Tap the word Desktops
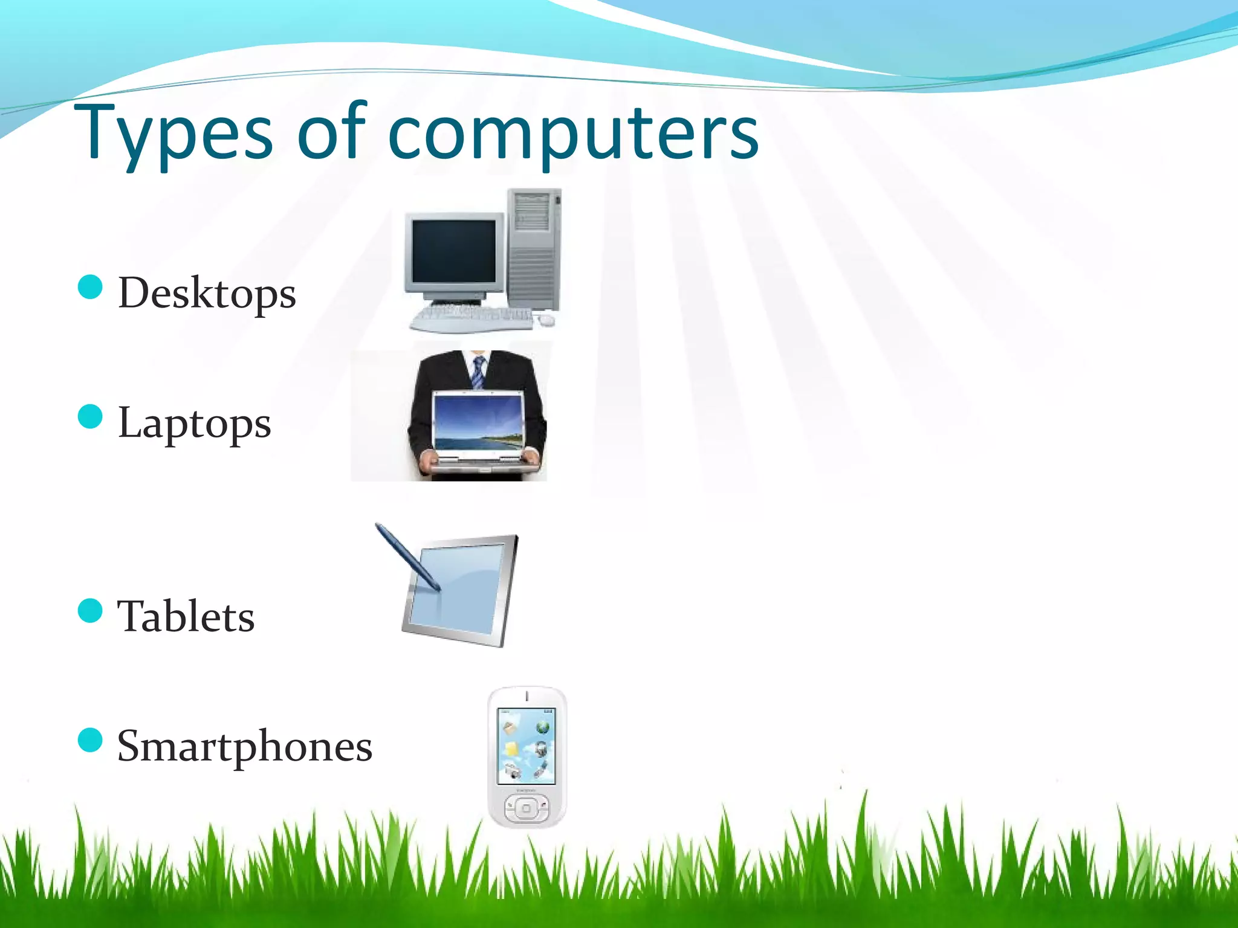point(207,294)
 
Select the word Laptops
point(194,423)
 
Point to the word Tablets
point(186,616)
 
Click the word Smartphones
point(244,746)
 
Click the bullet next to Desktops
point(91,287)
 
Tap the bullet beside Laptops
point(91,416)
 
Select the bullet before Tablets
point(91,610)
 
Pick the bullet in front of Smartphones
point(91,739)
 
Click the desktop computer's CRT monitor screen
point(453,251)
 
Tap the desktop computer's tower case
point(533,248)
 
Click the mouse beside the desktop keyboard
point(546,320)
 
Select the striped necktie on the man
point(478,372)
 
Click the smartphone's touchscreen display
point(526,746)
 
